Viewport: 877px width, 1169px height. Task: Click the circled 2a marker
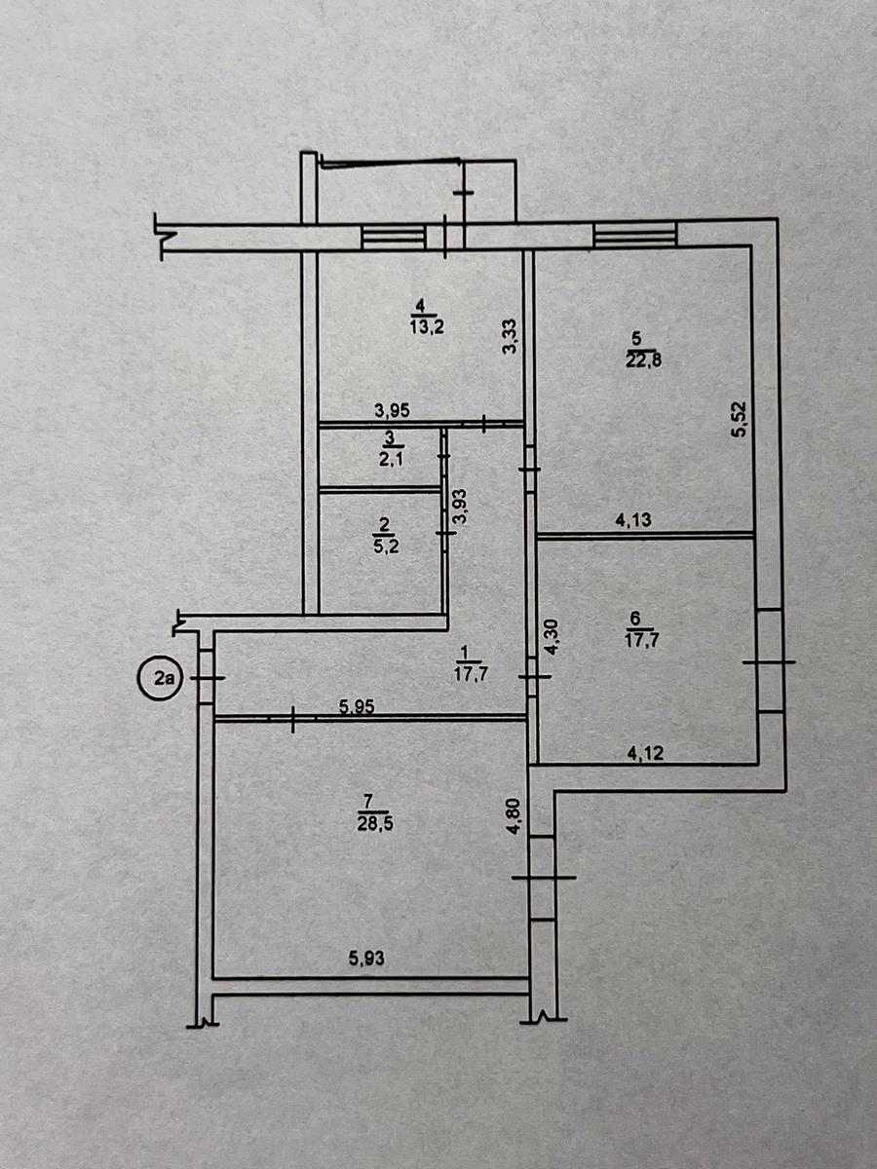coord(160,678)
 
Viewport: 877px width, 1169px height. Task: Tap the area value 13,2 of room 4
coord(427,326)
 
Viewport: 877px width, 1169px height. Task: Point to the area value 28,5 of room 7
coord(376,825)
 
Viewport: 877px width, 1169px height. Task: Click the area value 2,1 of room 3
coord(392,459)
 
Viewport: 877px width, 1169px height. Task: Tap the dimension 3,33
coord(509,336)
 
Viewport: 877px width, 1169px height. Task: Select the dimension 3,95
coord(392,411)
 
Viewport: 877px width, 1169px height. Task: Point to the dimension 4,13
coord(633,519)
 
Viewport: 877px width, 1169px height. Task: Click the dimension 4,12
coord(646,753)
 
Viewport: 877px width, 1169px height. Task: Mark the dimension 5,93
coord(367,960)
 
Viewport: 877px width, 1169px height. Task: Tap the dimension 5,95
coord(357,706)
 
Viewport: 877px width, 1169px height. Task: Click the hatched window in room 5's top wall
coord(635,235)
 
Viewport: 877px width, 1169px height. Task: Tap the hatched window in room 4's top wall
coord(394,237)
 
